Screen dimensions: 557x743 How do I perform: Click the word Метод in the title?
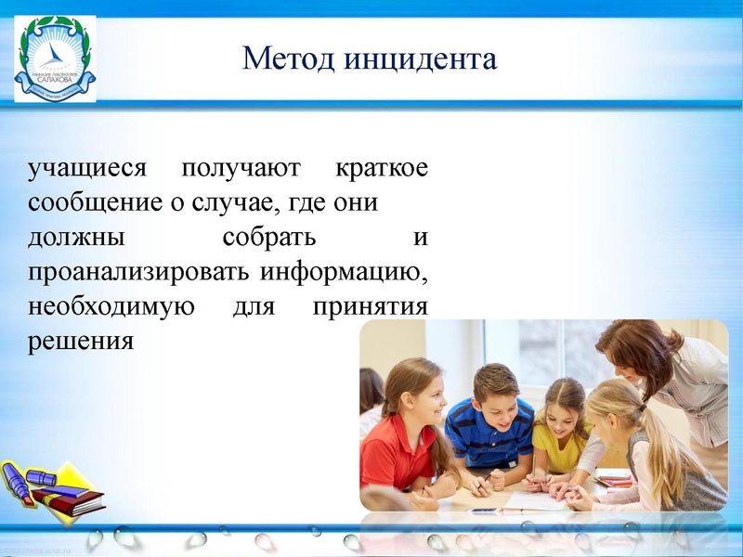pyautogui.click(x=288, y=58)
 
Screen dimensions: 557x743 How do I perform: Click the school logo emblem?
pyautogui.click(x=55, y=58)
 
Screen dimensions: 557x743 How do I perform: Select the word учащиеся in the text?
pyautogui.click(x=87, y=169)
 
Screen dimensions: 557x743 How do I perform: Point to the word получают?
pyautogui.click(x=241, y=169)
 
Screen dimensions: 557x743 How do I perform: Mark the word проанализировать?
pyautogui.click(x=138, y=272)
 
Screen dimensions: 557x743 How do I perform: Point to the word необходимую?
pyautogui.click(x=111, y=306)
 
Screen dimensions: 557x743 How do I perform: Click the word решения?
pyautogui.click(x=82, y=341)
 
